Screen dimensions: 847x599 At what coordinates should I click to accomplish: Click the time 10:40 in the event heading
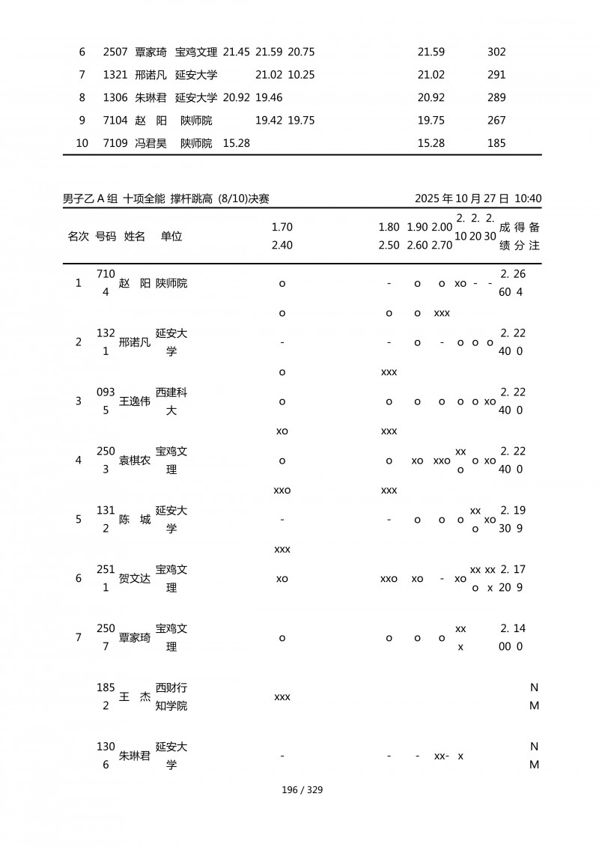click(x=529, y=198)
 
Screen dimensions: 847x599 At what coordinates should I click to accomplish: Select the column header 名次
click(x=79, y=236)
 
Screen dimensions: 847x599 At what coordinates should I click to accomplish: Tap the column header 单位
click(x=171, y=236)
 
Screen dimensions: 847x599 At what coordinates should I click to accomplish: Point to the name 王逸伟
click(x=135, y=401)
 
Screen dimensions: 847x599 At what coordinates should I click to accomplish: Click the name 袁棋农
click(x=135, y=461)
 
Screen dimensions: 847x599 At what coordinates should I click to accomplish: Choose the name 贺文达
click(x=135, y=578)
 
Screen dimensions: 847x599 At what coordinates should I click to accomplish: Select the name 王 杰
click(x=135, y=696)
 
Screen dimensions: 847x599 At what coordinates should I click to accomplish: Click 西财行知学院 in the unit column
click(x=171, y=696)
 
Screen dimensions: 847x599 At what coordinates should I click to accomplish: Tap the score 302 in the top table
click(x=496, y=52)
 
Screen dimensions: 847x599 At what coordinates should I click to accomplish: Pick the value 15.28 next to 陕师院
click(x=237, y=142)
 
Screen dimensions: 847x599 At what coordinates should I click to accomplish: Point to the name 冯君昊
click(x=150, y=142)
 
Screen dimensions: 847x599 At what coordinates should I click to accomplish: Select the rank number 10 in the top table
click(x=82, y=142)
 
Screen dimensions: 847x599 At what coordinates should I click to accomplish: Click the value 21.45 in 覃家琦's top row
click(x=237, y=52)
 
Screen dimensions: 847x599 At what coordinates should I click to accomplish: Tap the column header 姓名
click(x=135, y=236)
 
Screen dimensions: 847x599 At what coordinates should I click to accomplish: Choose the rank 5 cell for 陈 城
click(x=79, y=519)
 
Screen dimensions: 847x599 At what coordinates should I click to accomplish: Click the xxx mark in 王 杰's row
click(x=282, y=697)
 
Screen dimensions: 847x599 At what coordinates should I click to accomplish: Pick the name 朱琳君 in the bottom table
click(x=135, y=756)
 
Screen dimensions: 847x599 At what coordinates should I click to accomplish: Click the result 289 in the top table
click(x=496, y=97)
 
